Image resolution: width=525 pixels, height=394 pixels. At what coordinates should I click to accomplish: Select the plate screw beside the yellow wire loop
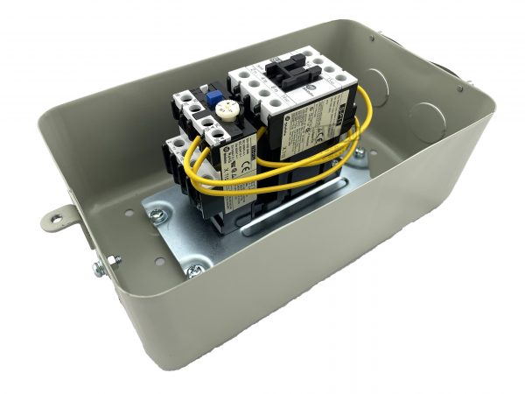pyautogui.click(x=358, y=155)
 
